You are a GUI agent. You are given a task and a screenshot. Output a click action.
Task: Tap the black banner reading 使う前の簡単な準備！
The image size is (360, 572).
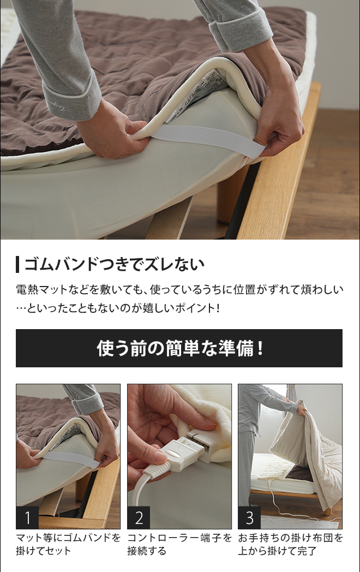179,348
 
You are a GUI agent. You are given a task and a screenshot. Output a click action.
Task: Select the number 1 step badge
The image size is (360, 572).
27,517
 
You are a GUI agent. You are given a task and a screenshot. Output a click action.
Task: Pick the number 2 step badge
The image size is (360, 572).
139,517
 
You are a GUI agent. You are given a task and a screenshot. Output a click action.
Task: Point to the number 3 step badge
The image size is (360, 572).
249,517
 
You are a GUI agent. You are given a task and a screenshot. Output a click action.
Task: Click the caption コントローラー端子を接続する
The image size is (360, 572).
179,544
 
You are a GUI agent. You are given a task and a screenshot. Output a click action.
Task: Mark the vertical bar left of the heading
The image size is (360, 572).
17,265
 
